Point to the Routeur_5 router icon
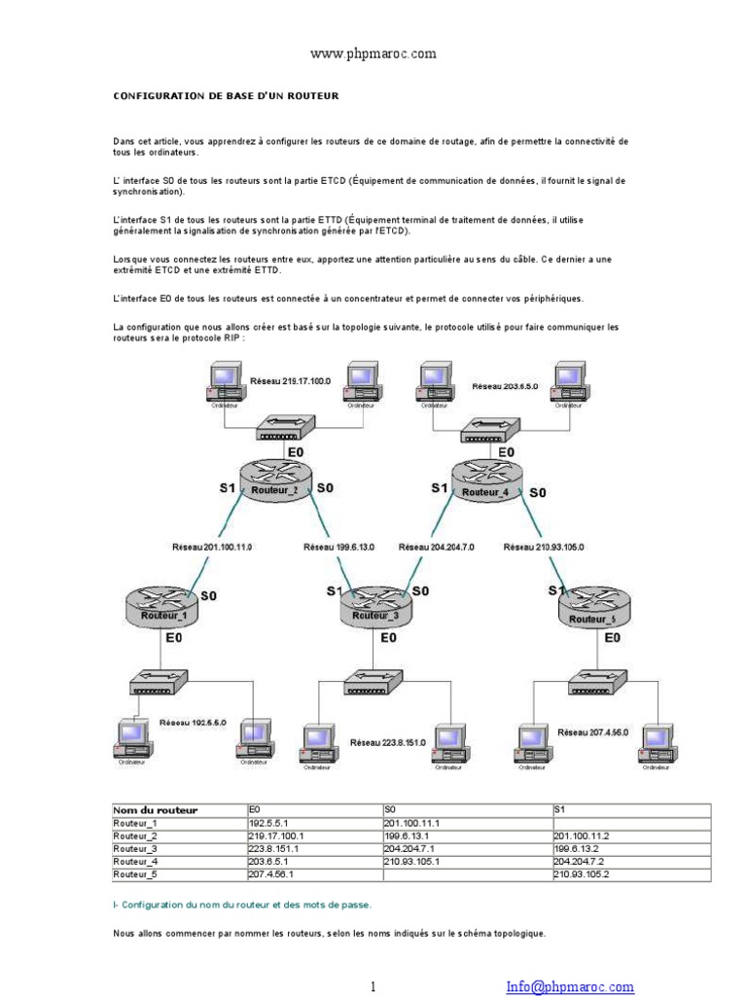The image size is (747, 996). coord(593,610)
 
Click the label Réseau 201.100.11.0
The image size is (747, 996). coord(212,548)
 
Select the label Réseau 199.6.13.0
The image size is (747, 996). coord(339,548)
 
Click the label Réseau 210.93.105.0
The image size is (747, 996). coord(544,548)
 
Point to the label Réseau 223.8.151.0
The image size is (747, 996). coord(388,742)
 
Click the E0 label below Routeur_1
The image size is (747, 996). coord(174,638)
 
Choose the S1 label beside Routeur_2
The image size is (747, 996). coord(228,488)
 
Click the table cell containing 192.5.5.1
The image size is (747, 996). coord(314,823)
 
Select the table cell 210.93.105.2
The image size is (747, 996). coord(630,874)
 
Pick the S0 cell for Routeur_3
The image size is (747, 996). coord(467,848)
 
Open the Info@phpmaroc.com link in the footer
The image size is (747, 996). coord(570,985)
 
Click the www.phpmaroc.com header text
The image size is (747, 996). coord(373,55)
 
